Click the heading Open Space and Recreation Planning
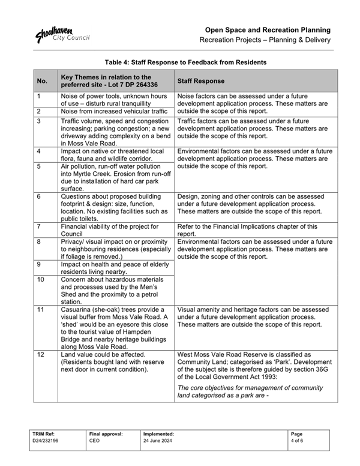point(268,29)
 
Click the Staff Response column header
point(200,80)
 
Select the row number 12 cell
point(40,355)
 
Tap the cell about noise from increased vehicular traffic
point(113,111)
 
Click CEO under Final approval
point(95,440)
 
